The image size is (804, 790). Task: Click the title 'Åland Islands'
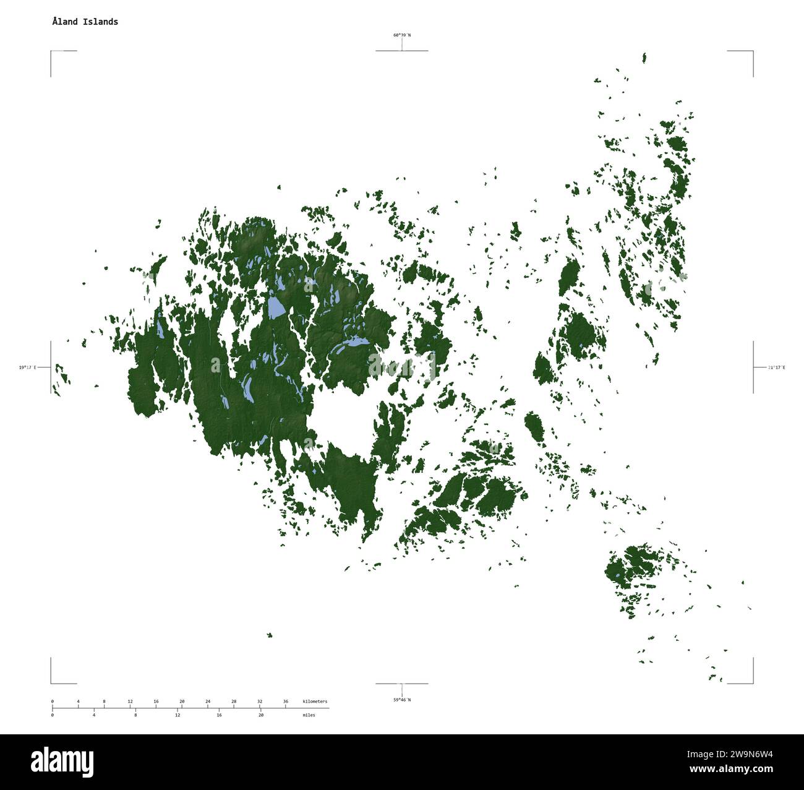pos(85,22)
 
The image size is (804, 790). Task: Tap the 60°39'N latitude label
pos(401,35)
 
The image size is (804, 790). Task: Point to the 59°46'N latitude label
pos(401,700)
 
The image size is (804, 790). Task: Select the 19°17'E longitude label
pos(27,367)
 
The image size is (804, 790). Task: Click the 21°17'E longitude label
pos(776,367)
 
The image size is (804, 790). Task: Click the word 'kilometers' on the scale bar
pos(315,702)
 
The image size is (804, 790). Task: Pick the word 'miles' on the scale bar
pos(309,715)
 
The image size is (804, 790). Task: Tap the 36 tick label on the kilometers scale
pos(285,702)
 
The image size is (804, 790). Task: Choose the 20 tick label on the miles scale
pos(261,715)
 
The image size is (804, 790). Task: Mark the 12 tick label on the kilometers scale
pos(130,702)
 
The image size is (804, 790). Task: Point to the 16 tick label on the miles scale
pos(219,715)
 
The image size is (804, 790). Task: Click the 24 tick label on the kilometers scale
pos(208,702)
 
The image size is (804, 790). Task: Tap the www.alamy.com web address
pos(731,770)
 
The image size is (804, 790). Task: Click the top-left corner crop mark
pos(51,51)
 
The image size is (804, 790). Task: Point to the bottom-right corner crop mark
pos(753,683)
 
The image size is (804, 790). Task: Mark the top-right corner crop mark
pos(753,51)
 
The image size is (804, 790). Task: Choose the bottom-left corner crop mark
pos(51,683)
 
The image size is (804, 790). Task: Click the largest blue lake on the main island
pos(276,307)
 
